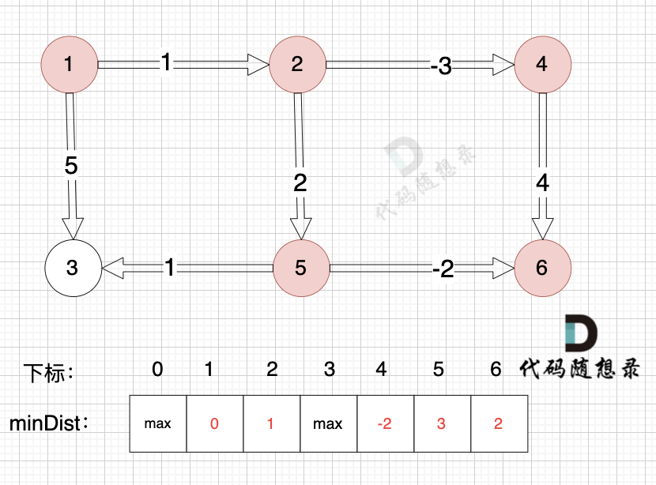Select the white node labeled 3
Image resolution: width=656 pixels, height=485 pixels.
coord(72,268)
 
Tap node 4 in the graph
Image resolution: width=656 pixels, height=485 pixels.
coord(541,65)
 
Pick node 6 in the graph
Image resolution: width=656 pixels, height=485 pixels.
coord(541,268)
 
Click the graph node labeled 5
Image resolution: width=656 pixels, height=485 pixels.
coord(300,268)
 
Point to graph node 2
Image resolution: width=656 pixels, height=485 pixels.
coord(297,65)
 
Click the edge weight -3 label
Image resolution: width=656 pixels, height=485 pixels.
coord(441,66)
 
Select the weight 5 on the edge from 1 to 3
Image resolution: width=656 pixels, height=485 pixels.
coord(71,167)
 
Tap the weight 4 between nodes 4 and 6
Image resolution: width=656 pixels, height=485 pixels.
coord(542,183)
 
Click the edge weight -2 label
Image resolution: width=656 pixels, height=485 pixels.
coord(443,269)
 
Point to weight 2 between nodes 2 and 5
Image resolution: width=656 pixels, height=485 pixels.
coord(300,183)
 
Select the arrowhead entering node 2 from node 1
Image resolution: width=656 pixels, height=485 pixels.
coord(258,65)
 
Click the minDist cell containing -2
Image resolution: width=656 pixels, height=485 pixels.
coord(385,424)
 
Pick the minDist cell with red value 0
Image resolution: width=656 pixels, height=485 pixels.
coord(214,424)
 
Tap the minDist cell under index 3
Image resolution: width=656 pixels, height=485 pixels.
coord(328,424)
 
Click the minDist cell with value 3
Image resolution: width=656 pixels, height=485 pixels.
coord(441,424)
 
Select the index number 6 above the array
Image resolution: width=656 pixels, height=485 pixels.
coord(496,368)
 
